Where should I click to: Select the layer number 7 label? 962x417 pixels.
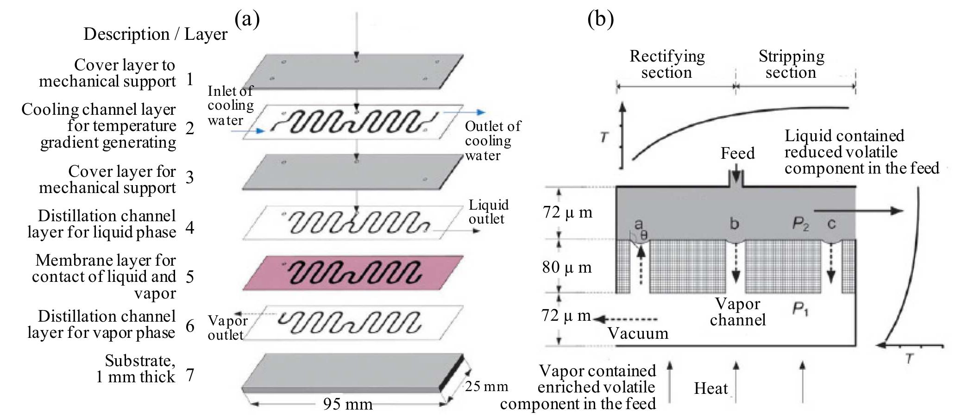click(x=189, y=375)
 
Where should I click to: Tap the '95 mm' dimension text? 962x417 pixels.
click(x=347, y=405)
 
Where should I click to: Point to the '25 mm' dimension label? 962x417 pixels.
click(x=486, y=386)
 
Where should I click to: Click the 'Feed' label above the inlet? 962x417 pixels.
click(x=737, y=153)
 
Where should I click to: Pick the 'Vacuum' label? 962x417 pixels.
click(x=638, y=333)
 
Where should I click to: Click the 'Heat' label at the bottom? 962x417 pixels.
click(x=710, y=388)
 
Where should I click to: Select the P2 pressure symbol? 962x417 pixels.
click(x=800, y=224)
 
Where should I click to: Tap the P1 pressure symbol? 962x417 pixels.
click(x=800, y=309)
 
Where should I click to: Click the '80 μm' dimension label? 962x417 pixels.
click(x=567, y=268)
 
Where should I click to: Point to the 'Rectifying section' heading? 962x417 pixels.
click(x=667, y=64)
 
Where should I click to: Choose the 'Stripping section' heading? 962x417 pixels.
click(x=791, y=64)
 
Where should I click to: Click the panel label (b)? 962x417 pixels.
click(x=600, y=19)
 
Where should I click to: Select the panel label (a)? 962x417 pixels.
click(x=247, y=19)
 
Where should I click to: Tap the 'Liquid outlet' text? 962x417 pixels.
click(x=488, y=212)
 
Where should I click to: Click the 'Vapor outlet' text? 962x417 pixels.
click(x=227, y=327)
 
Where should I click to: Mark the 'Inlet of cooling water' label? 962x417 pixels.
click(x=230, y=106)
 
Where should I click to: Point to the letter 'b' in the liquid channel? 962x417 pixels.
click(x=734, y=224)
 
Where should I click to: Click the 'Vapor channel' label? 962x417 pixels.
click(x=737, y=311)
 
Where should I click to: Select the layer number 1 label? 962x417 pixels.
click(x=189, y=80)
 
